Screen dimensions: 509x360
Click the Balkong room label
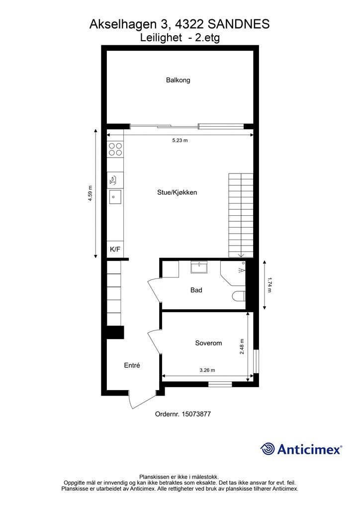click(178, 80)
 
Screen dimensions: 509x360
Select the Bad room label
click(196, 290)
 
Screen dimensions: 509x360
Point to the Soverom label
click(208, 343)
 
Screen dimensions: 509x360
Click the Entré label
click(132, 365)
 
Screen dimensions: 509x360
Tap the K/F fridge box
click(115, 250)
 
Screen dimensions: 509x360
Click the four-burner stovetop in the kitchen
click(116, 149)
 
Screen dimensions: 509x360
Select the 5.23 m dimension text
click(180, 141)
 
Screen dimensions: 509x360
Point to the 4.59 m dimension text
click(90, 193)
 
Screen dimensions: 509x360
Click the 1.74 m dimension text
click(270, 285)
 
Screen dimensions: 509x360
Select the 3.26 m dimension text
click(207, 370)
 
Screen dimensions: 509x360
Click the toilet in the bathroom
click(239, 297)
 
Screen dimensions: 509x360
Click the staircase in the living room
click(241, 215)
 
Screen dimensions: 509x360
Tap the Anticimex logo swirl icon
click(268, 449)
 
